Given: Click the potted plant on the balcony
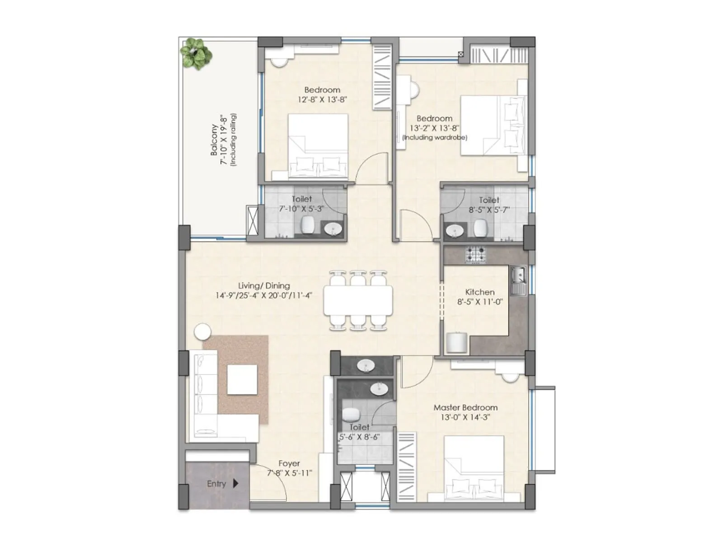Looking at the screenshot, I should (196, 54).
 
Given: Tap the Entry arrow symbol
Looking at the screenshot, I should (235, 483).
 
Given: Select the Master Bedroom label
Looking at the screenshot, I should (465, 407).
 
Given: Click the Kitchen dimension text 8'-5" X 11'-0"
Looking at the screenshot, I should (479, 302).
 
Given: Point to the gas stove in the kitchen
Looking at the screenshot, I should (476, 255).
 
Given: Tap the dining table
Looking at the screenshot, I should (358, 300).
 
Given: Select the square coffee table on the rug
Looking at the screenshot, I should (242, 379).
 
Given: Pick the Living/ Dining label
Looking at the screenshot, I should (264, 285).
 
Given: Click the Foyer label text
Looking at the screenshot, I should (289, 463).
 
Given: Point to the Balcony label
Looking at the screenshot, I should (214, 140).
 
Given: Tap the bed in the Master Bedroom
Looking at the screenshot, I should (474, 467).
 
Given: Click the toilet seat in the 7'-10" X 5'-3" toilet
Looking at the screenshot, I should (308, 224).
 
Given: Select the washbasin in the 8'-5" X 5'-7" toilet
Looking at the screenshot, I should (454, 231).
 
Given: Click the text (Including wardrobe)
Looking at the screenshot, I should (434, 137).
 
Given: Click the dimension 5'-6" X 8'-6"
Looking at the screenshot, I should (359, 437).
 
